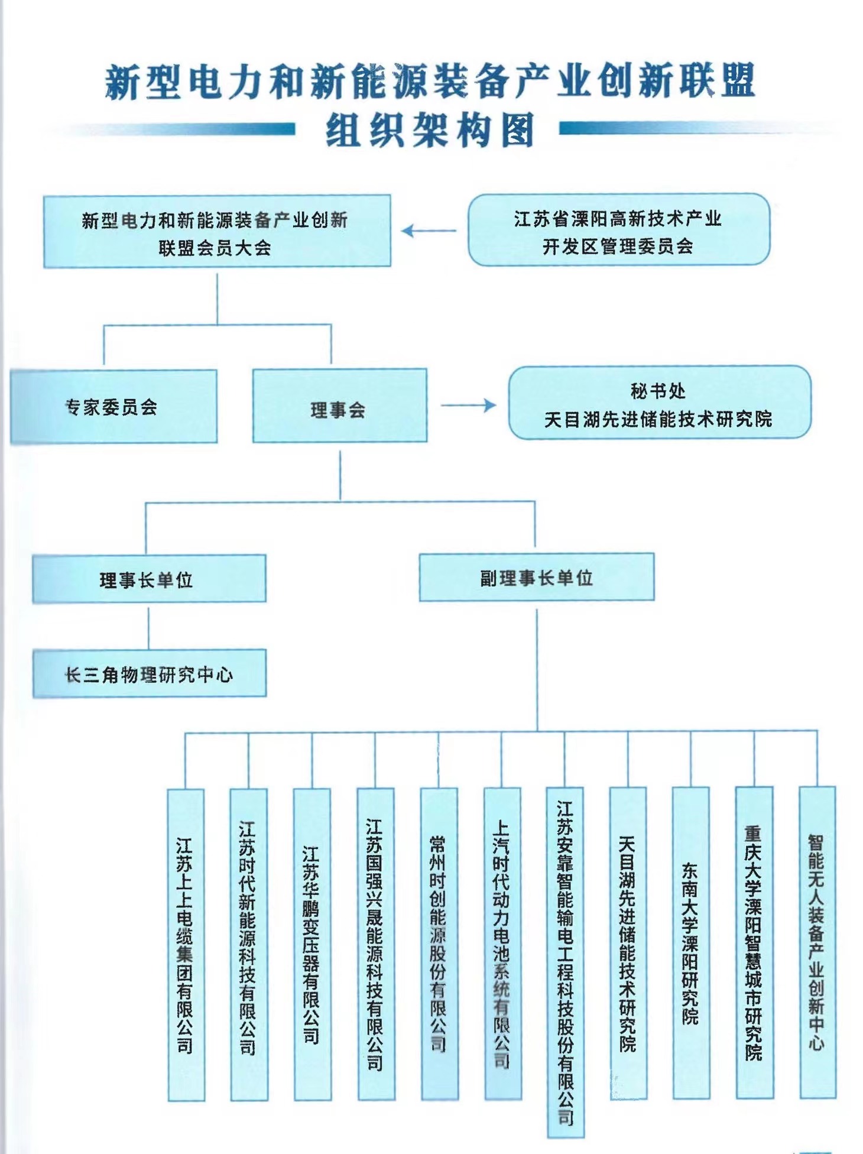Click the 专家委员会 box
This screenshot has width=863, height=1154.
click(113, 407)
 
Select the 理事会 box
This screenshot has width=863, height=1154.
click(339, 407)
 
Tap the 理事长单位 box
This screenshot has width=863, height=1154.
click(148, 579)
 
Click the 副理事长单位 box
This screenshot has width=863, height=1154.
click(536, 578)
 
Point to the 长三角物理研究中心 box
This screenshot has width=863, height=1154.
click(149, 674)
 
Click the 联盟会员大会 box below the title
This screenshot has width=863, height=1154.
click(216, 232)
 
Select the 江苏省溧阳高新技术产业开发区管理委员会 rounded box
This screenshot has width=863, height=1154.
click(618, 230)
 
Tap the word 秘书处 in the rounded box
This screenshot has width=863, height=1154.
click(658, 391)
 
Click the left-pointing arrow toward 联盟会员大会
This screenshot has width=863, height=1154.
click(429, 231)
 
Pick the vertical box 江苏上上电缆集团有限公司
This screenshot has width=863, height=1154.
click(186, 944)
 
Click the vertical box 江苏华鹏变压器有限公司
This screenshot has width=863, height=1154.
click(312, 944)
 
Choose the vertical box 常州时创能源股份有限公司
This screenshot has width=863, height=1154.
click(439, 944)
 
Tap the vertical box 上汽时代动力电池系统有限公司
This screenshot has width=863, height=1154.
click(502, 944)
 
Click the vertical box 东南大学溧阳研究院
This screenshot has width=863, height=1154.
click(690, 944)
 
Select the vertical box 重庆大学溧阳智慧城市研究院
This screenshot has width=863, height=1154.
click(754, 944)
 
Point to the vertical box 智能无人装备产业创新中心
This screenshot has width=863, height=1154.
click(817, 944)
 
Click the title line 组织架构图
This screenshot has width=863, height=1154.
click(430, 130)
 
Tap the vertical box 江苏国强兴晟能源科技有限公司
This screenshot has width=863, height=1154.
click(375, 944)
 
